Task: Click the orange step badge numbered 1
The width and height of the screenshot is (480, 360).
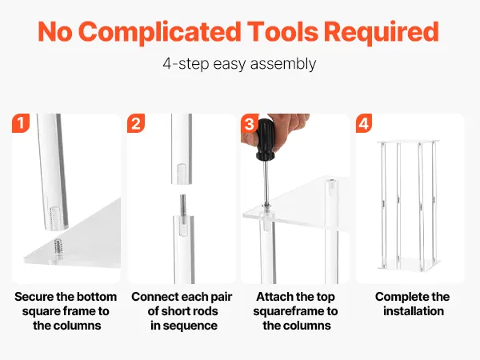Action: click(x=21, y=123)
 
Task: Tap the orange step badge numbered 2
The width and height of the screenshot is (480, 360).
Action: click(x=136, y=123)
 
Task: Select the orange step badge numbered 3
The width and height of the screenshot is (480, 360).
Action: click(x=250, y=123)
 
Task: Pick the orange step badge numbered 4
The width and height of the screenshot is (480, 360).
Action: click(x=364, y=123)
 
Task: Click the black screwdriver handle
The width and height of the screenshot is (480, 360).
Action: click(x=265, y=140)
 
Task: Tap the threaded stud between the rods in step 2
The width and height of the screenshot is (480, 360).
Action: click(x=182, y=206)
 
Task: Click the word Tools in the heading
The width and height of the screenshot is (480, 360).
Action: click(x=283, y=31)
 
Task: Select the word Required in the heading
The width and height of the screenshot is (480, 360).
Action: click(x=382, y=31)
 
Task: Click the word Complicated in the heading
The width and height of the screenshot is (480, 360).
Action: click(x=160, y=32)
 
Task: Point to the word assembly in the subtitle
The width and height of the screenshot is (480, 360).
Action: click(x=283, y=64)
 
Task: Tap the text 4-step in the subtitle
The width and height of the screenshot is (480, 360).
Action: click(x=186, y=64)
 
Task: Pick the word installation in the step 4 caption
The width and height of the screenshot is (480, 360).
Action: click(x=414, y=311)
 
